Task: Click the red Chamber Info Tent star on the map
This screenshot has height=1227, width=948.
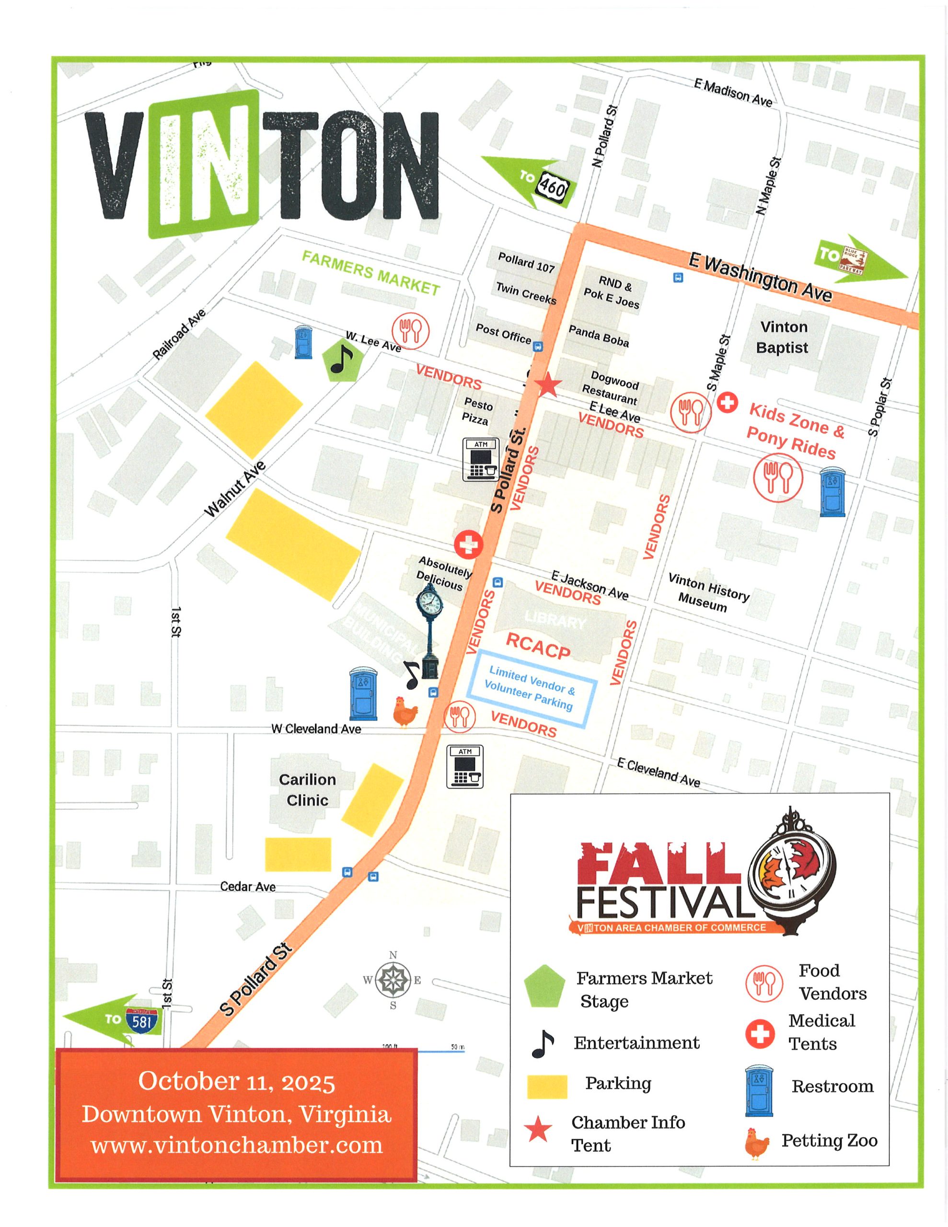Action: click(548, 385)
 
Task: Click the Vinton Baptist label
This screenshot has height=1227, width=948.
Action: click(783, 337)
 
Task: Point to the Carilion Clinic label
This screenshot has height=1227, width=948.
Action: click(307, 789)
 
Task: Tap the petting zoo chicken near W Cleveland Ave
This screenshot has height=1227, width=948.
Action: click(405, 712)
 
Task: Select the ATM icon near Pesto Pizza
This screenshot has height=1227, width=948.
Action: click(481, 460)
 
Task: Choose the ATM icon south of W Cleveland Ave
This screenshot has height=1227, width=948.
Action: click(465, 766)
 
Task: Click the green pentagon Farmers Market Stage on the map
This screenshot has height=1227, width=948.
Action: click(341, 360)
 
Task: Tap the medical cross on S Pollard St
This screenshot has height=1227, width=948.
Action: click(469, 544)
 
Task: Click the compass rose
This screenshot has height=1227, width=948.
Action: click(393, 980)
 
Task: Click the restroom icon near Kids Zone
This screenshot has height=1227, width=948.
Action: click(832, 493)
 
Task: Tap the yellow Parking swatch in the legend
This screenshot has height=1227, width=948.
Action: click(547, 1087)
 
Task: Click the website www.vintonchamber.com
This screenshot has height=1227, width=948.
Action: click(237, 1145)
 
